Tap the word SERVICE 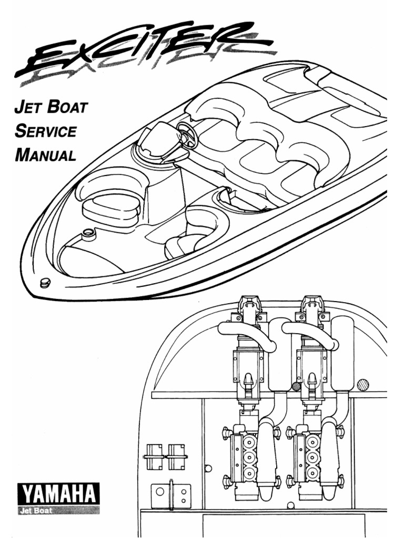point(46,132)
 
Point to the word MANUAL point(46,155)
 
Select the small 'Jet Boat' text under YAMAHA point(35,510)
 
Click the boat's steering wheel point(187,135)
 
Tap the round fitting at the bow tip point(45,282)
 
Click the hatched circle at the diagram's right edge point(363,385)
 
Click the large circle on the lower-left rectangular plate point(160,493)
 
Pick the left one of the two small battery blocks point(154,457)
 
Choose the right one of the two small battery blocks point(176,457)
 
